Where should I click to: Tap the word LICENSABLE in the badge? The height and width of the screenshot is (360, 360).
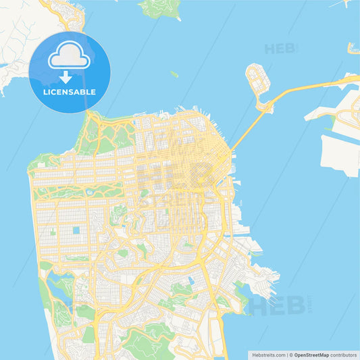click(70, 92)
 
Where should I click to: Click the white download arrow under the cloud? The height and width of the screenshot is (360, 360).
click(66, 76)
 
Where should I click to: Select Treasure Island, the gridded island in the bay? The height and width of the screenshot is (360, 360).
click(257, 79)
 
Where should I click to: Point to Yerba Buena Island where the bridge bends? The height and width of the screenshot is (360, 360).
click(263, 104)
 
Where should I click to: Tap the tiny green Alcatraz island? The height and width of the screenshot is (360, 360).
click(174, 74)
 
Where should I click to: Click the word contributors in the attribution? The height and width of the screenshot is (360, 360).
click(345, 354)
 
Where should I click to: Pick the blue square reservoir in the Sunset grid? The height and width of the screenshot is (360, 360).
click(76, 230)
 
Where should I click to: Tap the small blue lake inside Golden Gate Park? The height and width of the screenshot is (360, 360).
click(90, 192)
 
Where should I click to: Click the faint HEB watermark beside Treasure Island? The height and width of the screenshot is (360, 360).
click(280, 49)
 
